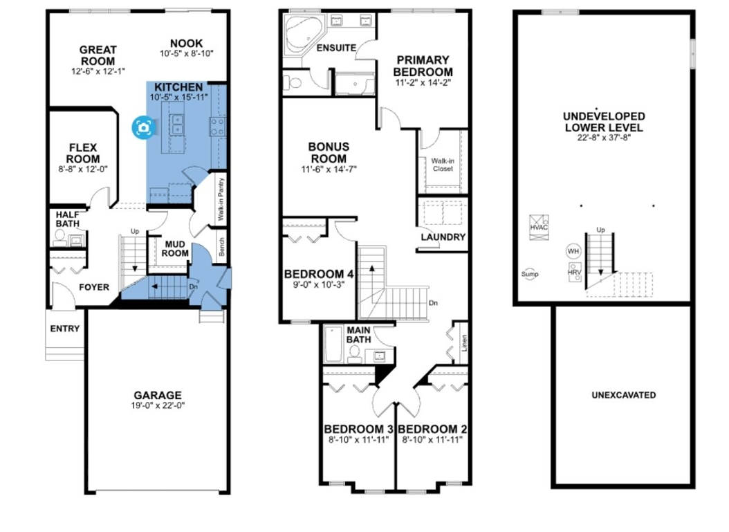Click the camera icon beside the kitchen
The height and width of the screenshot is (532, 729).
(x=144, y=127)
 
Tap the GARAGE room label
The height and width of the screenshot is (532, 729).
(x=158, y=395)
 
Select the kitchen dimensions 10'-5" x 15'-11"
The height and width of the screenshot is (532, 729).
(x=178, y=98)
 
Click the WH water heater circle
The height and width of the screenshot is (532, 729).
(x=573, y=251)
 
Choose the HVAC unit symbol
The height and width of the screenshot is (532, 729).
(x=539, y=228)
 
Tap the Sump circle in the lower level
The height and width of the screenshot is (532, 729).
(x=530, y=274)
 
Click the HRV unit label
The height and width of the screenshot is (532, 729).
(x=575, y=272)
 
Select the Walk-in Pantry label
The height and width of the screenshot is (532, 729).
(x=221, y=199)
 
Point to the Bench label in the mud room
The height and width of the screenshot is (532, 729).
(x=222, y=246)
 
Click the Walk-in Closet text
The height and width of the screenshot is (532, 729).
(x=443, y=165)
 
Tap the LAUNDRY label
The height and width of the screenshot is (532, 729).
(x=443, y=237)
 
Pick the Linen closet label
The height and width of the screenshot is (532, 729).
(x=464, y=343)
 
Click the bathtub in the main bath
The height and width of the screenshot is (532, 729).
(x=333, y=344)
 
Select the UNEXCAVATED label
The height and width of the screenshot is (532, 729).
(x=623, y=395)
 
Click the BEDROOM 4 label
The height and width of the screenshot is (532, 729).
(x=318, y=275)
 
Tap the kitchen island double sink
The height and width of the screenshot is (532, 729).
(x=177, y=124)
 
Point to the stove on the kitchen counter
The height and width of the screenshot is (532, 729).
(x=217, y=127)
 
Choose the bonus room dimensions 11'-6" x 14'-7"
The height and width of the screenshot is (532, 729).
(x=329, y=169)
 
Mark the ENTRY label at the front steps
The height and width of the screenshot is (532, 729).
(x=64, y=329)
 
